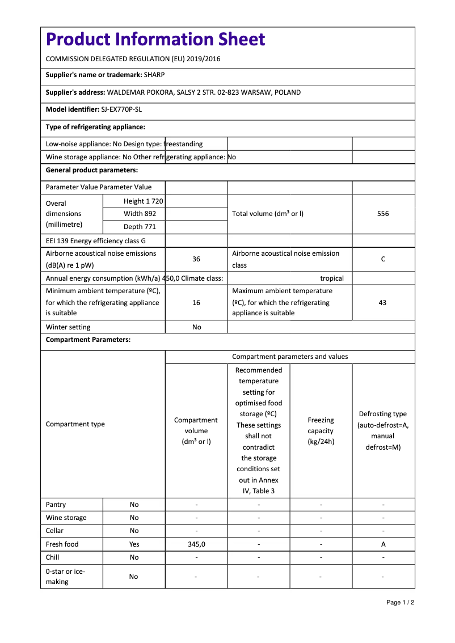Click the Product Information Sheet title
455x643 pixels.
coord(155,40)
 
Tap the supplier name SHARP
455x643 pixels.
coord(154,74)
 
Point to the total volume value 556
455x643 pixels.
coord(383,214)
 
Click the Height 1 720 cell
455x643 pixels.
coord(143,201)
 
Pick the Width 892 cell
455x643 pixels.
coord(140,214)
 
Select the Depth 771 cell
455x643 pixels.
coord(140,227)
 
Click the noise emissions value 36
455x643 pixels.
coord(196,259)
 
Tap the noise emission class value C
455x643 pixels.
coord(383,259)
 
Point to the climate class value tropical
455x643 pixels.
coord(332,278)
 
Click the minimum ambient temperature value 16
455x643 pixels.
coord(196,303)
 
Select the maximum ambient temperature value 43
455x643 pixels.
coord(382,303)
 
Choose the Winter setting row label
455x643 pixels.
coord(68,327)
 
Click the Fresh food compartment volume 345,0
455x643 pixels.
coord(196,544)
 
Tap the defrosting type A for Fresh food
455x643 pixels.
coord(383,544)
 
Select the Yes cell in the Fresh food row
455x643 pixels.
coord(134,544)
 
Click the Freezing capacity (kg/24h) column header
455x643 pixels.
coord(321,431)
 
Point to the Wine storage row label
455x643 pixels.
coord(66,518)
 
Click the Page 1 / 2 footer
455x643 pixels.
coord(400,602)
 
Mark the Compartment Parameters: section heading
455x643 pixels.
coord(88,340)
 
